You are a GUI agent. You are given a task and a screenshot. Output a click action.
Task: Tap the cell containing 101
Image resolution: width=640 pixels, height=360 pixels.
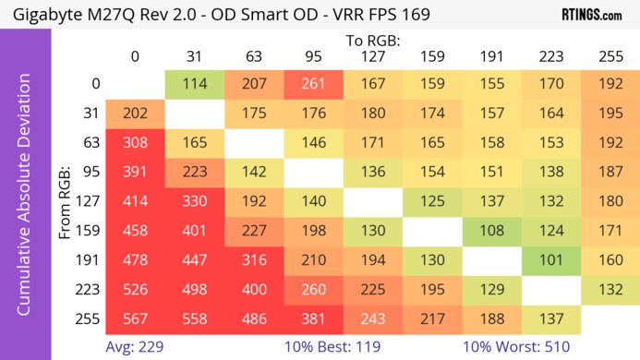click(551, 259)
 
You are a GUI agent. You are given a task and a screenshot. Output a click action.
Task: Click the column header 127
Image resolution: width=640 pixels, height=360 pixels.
click(372, 57)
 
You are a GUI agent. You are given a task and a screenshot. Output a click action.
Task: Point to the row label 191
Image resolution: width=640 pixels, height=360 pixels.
click(90, 259)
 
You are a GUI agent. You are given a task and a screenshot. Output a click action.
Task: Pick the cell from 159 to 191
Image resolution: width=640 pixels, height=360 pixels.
click(492, 230)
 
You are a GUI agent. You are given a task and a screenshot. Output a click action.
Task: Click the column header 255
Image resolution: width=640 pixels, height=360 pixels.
click(610, 57)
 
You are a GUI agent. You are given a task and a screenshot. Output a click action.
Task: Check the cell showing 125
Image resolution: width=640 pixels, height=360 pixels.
click(431, 201)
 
